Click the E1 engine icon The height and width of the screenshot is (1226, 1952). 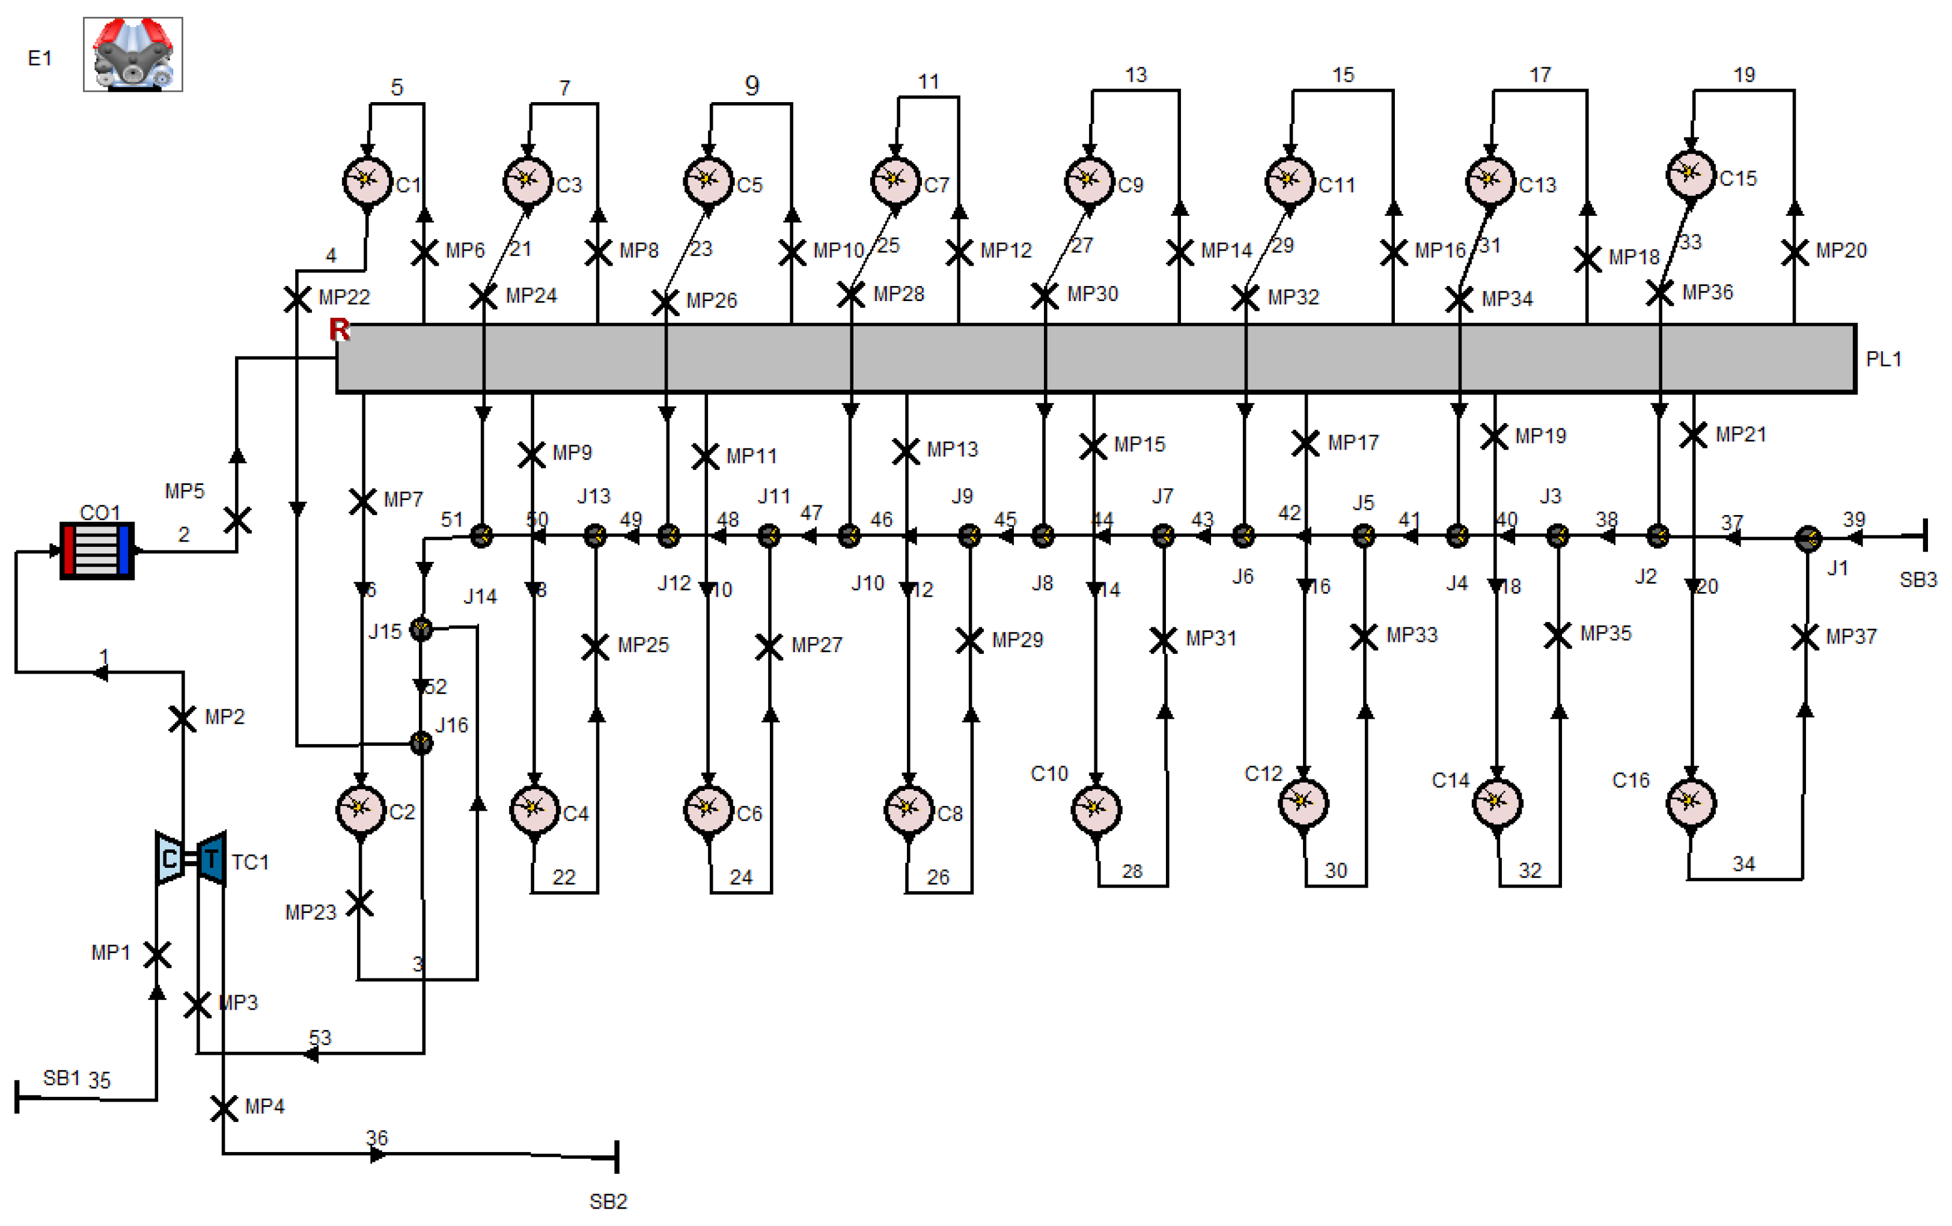(x=133, y=54)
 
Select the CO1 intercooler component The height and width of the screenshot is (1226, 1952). (x=97, y=550)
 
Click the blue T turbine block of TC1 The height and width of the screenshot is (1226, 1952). (x=212, y=858)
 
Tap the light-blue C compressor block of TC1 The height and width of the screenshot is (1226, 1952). (x=169, y=858)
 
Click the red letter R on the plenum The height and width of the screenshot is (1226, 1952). (x=339, y=329)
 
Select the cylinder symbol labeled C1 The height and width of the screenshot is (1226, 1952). (x=367, y=180)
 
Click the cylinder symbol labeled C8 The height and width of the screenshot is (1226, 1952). (x=909, y=808)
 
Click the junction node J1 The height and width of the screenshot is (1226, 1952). (x=1808, y=538)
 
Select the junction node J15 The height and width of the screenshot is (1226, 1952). (x=421, y=629)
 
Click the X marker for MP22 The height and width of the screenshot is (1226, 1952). (x=297, y=299)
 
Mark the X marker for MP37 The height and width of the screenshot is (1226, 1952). (x=1805, y=637)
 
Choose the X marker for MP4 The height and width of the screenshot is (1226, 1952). (x=224, y=1108)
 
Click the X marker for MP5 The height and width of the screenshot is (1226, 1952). (x=237, y=520)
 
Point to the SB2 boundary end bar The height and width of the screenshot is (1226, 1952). (x=617, y=1157)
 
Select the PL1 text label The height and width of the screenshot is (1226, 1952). (x=1883, y=359)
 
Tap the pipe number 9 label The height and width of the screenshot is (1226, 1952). (x=751, y=85)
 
